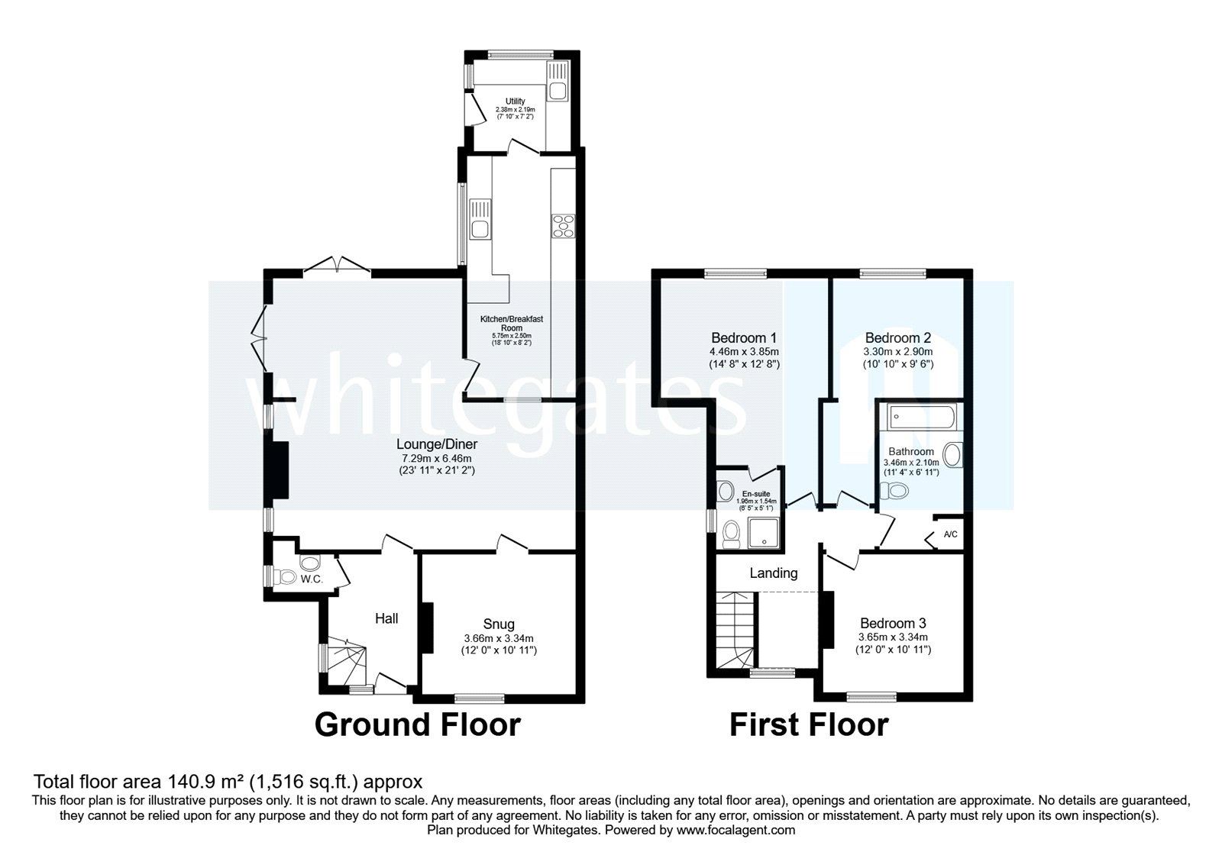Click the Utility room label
pos(515,102)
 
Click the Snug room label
pos(499,624)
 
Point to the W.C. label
pos(311,579)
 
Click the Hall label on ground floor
pos(386,618)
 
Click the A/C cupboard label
pos(950,534)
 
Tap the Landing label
pos(773,573)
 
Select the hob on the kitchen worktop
pos(564,227)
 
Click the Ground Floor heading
pos(417,724)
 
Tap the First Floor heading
pos(808,724)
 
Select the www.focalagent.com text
pos(735,830)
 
